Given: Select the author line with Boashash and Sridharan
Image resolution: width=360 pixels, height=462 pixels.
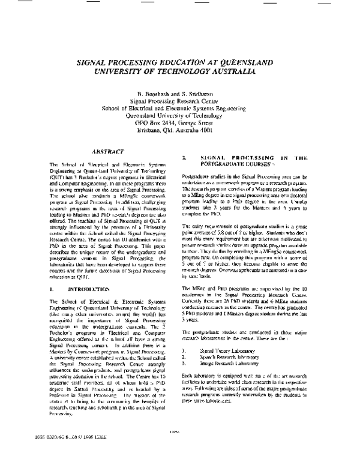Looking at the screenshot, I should (179, 95).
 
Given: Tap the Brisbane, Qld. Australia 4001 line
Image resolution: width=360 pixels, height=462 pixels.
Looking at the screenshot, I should (179, 129).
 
